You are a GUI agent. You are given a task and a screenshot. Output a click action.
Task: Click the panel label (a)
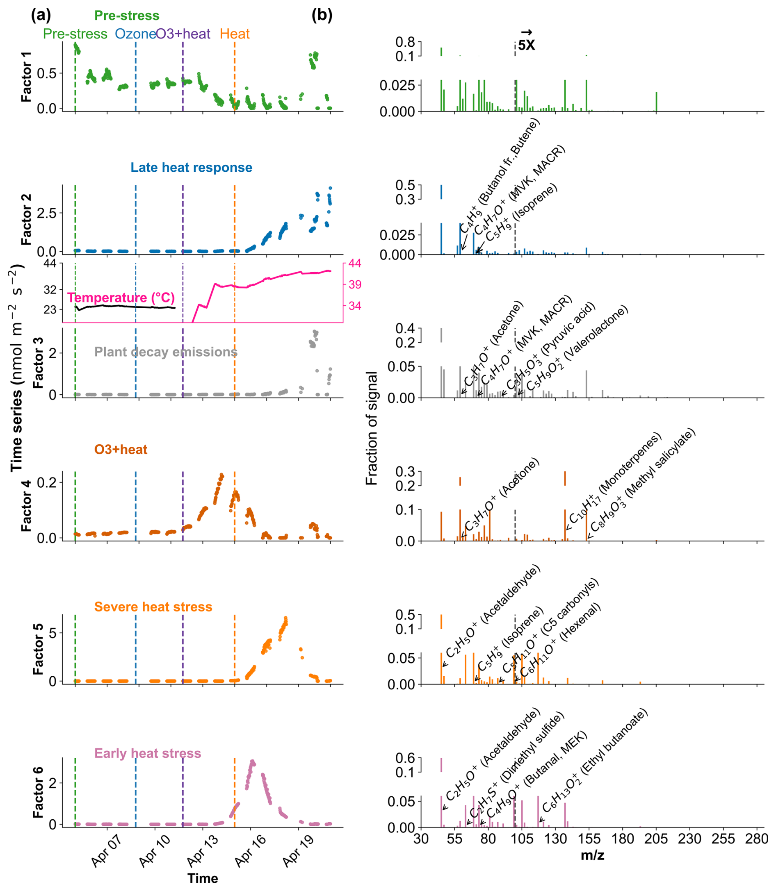click(41, 16)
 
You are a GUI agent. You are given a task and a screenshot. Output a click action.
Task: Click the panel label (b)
click(322, 16)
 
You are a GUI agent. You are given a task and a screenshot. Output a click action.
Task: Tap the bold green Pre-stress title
click(127, 16)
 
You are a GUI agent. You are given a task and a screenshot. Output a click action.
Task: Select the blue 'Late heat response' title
click(192, 168)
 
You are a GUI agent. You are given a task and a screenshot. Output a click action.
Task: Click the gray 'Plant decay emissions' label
click(166, 352)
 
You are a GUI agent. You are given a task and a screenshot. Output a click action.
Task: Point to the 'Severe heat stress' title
click(153, 607)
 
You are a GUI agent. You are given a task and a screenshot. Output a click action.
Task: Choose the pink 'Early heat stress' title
click(148, 753)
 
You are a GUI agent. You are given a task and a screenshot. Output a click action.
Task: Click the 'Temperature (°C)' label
click(121, 298)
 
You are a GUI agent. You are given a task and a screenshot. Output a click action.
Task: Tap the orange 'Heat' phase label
click(235, 34)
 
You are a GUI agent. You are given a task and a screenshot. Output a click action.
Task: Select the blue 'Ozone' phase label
click(135, 34)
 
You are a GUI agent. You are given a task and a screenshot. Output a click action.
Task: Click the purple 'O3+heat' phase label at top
click(183, 34)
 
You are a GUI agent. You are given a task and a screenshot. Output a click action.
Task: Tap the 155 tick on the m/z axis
click(589, 839)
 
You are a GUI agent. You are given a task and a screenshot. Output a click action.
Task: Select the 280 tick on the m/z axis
click(756, 839)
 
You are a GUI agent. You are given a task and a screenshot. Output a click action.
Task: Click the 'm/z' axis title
click(592, 855)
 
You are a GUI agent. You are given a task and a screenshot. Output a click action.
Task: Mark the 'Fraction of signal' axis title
click(372, 428)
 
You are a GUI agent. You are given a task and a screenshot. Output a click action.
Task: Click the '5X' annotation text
click(526, 45)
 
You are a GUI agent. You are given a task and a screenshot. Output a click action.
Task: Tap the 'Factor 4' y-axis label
click(26, 506)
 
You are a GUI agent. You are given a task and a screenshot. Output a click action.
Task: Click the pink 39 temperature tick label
click(355, 285)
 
